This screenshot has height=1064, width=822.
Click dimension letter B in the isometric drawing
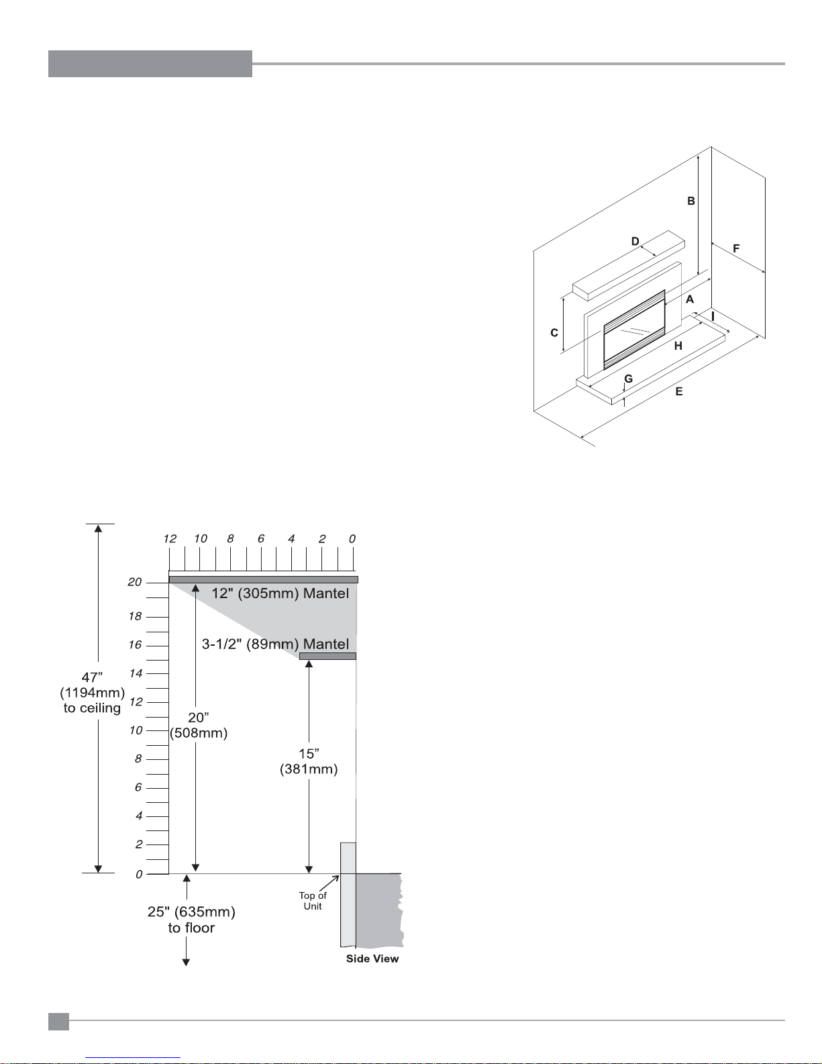coord(690,201)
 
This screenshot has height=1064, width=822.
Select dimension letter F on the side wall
coord(736,248)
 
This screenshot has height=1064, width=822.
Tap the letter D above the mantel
coord(635,242)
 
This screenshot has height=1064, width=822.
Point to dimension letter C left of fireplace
coord(554,332)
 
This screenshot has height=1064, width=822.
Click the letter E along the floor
coord(679,391)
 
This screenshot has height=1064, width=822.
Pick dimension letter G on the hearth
coord(628,379)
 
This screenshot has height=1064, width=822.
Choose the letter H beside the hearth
coord(678,346)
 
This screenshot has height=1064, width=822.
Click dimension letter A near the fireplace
coord(689,299)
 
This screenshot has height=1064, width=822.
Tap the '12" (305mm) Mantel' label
coord(280,593)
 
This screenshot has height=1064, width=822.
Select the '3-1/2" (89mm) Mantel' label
coord(275,644)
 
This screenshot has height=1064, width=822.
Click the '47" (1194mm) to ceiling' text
coord(93,693)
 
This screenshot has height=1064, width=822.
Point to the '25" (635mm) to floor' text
coord(191,920)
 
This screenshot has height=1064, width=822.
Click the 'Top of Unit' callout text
coord(313,901)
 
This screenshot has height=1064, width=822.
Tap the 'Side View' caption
coord(372,959)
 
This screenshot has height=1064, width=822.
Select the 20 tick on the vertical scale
coord(136,582)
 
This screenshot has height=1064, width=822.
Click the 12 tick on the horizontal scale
coord(170,539)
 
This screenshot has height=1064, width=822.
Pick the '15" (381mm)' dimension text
coord(309,761)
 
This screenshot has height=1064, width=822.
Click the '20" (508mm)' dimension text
coord(199,726)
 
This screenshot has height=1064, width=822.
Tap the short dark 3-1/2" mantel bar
coord(327,656)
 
